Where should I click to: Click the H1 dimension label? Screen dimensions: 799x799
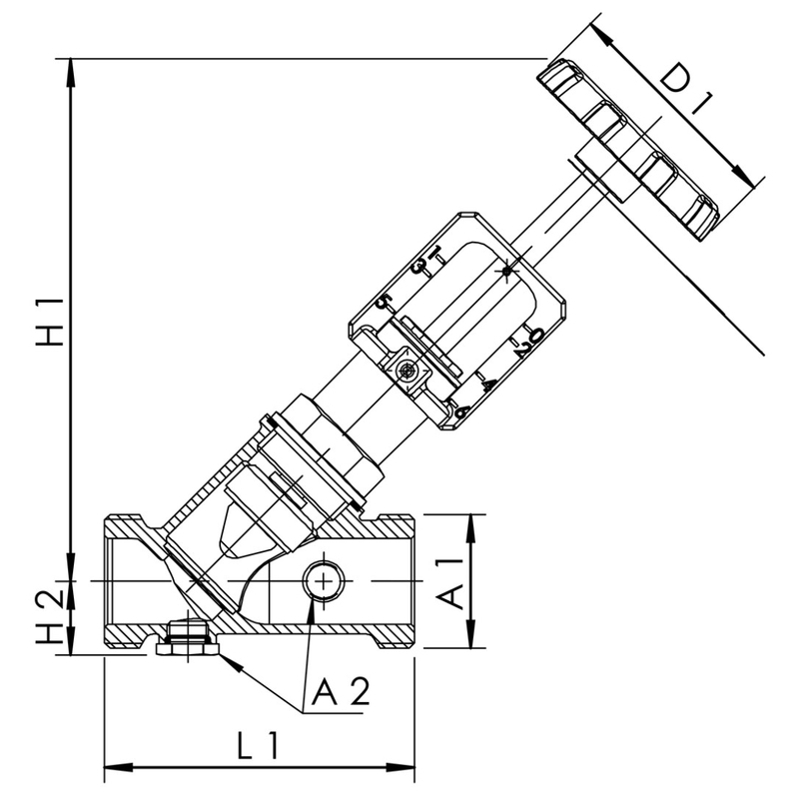tap(49, 321)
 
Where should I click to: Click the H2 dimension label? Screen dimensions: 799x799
tap(49, 618)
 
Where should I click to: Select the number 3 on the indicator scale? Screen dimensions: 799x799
tap(420, 267)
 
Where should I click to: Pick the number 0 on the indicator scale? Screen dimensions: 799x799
tap(535, 335)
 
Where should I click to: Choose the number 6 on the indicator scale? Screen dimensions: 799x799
tap(462, 409)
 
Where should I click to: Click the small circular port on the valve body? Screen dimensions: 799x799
tap(323, 578)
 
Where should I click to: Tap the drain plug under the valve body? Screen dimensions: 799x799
tap(187, 640)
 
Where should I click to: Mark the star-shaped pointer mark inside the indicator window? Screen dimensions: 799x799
tap(508, 270)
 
